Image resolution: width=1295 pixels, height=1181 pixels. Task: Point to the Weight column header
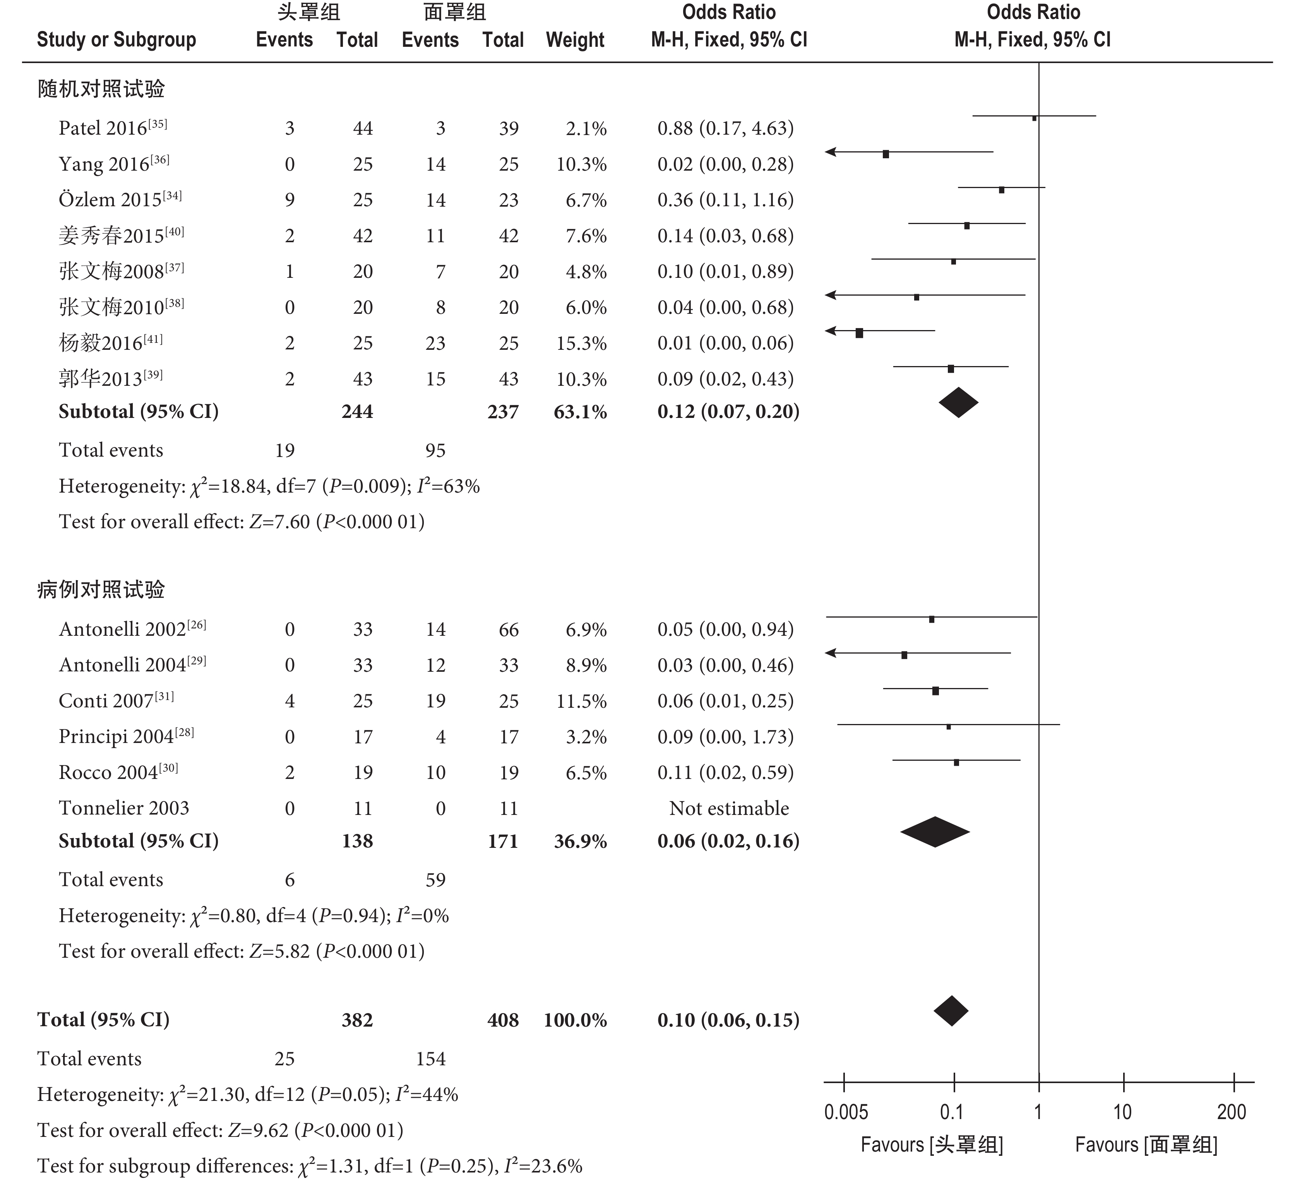point(575,40)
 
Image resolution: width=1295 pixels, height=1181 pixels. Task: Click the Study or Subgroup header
point(116,40)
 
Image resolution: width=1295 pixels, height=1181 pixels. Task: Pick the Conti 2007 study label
point(116,701)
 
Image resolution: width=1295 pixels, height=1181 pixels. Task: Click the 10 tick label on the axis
point(1122,1112)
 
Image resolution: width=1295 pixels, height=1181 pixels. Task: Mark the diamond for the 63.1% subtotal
point(958,403)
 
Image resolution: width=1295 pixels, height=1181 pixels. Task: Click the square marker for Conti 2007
point(935,691)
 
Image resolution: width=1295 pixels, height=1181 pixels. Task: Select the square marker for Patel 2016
point(1034,118)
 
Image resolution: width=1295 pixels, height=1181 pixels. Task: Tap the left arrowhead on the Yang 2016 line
point(830,152)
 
